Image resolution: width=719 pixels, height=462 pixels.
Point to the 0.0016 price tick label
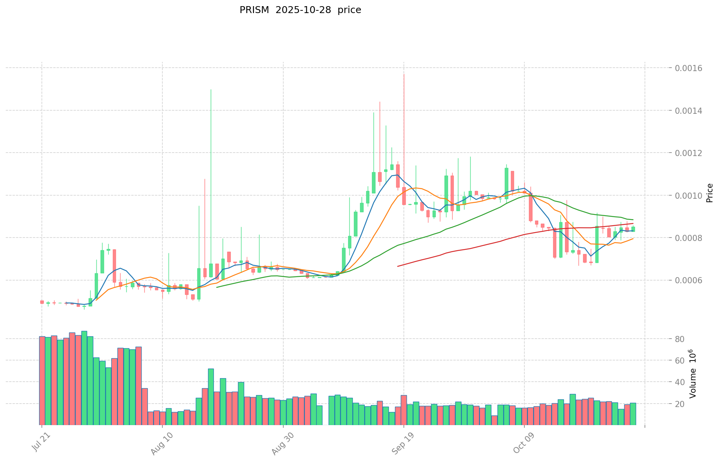tap(691, 68)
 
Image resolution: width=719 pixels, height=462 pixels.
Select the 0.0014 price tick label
tap(691, 111)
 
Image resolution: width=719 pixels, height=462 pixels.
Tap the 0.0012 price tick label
tap(691, 153)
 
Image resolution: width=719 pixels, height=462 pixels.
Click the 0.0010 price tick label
tap(691, 196)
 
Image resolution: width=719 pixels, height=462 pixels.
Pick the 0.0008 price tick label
tap(691, 238)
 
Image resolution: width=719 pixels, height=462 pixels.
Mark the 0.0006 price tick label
tap(691, 280)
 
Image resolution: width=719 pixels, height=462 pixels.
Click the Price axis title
tap(709, 193)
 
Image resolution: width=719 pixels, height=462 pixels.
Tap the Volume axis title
tap(693, 374)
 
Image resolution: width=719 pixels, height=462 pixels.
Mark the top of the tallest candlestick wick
tap(404, 74)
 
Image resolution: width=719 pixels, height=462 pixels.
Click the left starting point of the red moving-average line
tap(398, 266)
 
